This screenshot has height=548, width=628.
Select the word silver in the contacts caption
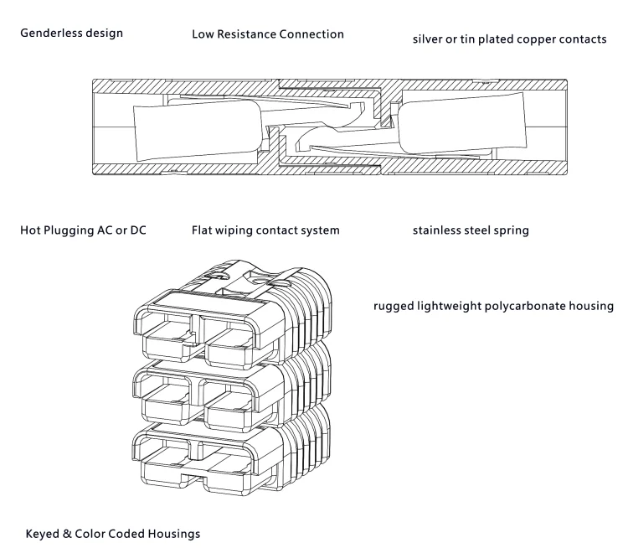[429, 39]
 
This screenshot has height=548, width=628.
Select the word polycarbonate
[533, 307]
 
